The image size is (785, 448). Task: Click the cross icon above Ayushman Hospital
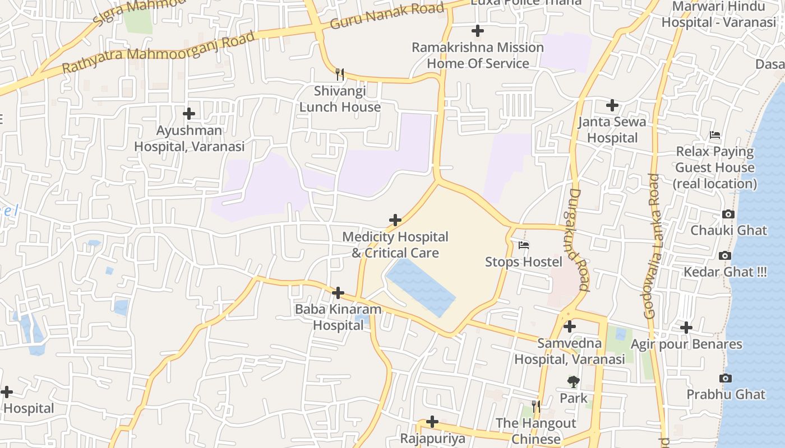(x=189, y=114)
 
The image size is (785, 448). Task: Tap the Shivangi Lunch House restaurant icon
(x=340, y=74)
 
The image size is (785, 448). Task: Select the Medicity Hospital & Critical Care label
(x=395, y=245)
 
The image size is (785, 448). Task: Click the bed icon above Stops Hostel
(x=524, y=245)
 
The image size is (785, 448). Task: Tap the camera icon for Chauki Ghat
(x=728, y=214)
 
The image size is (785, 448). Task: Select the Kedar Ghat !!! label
(x=725, y=272)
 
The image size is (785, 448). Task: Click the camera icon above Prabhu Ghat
(x=726, y=378)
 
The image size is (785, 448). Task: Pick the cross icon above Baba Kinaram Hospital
(x=338, y=293)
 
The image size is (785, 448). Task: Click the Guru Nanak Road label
(x=387, y=16)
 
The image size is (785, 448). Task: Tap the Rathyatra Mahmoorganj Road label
(x=158, y=53)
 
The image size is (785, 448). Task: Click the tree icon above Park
(x=573, y=381)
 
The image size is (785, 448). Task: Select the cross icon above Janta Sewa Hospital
(x=612, y=105)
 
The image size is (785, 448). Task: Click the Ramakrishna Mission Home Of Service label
(x=478, y=55)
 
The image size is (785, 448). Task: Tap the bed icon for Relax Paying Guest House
(x=715, y=135)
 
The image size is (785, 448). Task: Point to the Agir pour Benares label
(x=686, y=344)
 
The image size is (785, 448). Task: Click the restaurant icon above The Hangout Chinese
(x=536, y=406)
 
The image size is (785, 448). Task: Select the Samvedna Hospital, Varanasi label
(x=570, y=351)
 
